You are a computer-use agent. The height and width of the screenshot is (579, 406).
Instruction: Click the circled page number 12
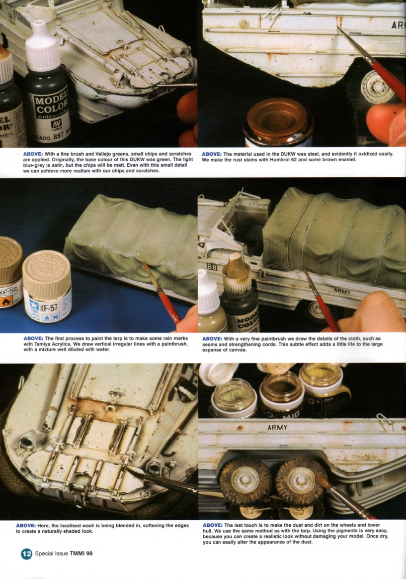click(27, 554)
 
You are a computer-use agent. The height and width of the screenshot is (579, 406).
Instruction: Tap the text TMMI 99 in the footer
click(80, 554)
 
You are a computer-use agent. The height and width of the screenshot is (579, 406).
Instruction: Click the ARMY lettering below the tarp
click(343, 291)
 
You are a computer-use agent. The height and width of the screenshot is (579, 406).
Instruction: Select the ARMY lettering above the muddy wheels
click(277, 427)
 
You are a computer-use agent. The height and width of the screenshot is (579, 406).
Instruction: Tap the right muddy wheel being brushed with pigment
click(300, 480)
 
